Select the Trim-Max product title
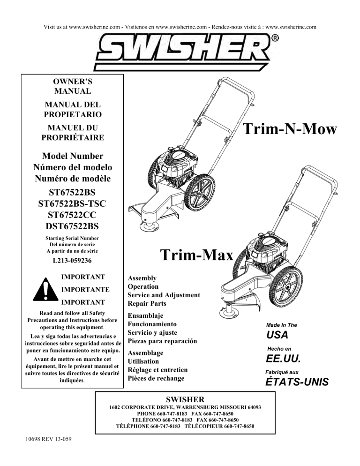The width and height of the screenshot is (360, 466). (196, 256)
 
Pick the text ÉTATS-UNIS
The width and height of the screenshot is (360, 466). (297, 382)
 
